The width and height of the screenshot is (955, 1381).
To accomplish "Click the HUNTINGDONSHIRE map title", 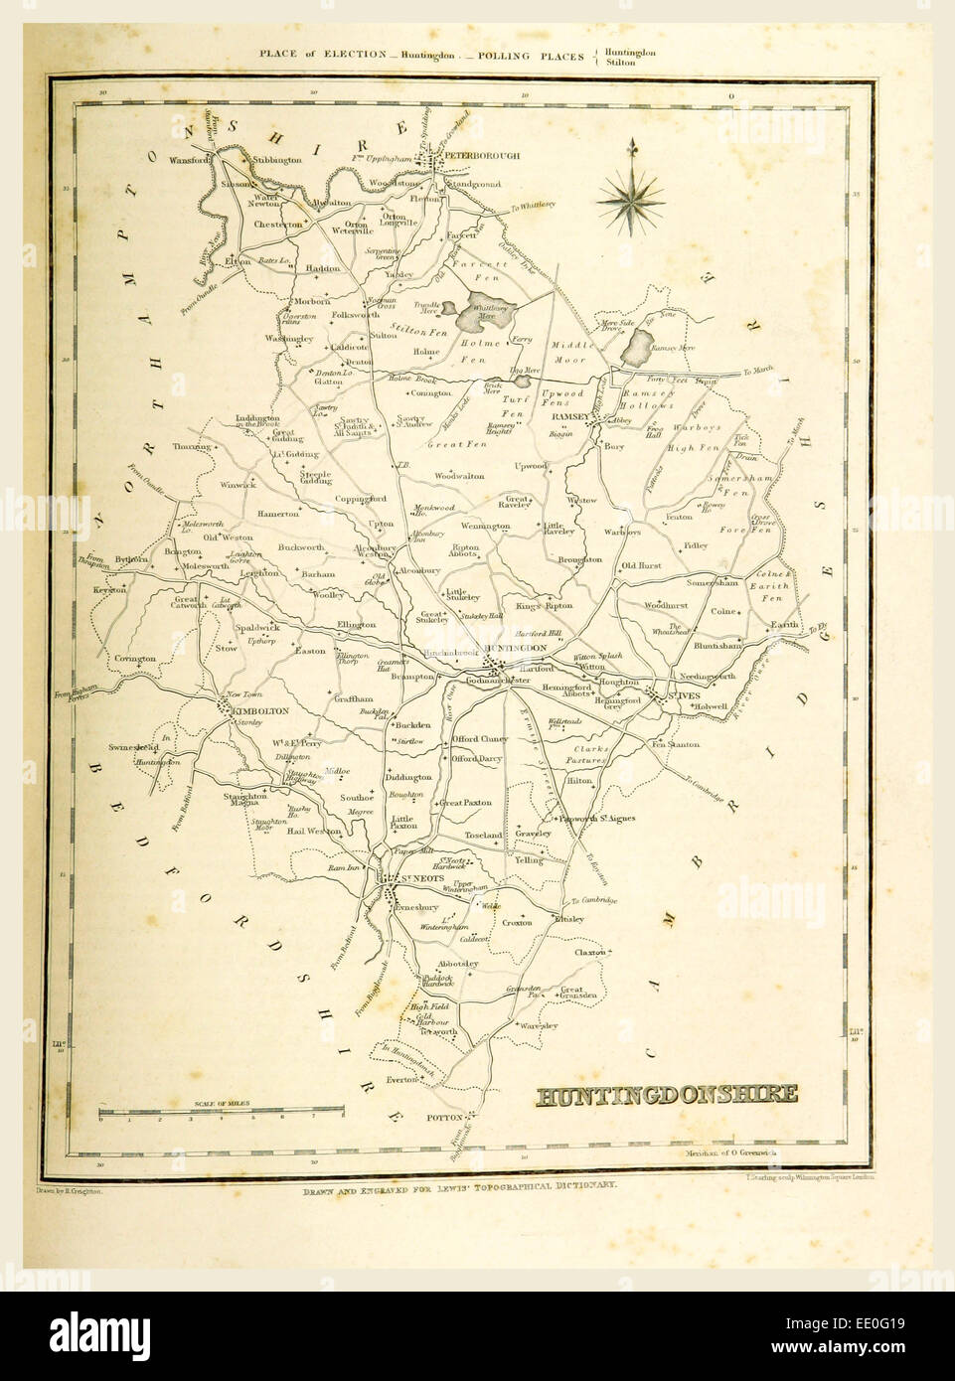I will click(x=667, y=1096).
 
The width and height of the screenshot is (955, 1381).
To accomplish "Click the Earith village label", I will click(x=785, y=625).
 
